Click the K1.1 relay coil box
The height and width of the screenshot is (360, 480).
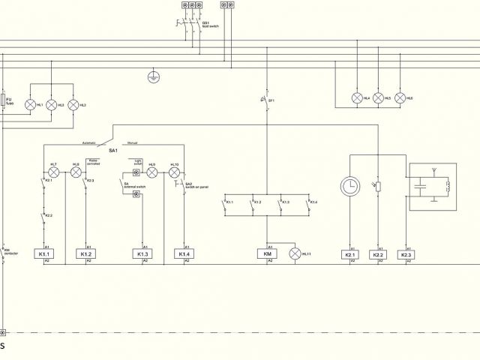point(43,254)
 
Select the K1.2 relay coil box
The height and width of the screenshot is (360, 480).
point(86,254)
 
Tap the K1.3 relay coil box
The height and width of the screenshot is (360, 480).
point(142,254)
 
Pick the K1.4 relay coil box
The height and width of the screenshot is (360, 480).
point(184,254)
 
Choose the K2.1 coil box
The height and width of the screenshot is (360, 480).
point(350,254)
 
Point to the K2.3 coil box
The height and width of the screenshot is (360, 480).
point(406,254)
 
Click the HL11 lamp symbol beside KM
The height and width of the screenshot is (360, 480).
point(295,254)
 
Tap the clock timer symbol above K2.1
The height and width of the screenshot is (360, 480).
point(350,186)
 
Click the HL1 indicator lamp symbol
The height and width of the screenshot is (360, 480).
point(31,105)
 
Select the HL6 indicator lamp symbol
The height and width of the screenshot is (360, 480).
point(400,98)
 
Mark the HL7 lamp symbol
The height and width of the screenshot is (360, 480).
point(53,172)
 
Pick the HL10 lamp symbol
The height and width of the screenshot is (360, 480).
point(174,172)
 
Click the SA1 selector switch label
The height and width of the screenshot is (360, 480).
point(113,150)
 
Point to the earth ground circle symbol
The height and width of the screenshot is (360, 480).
point(154,76)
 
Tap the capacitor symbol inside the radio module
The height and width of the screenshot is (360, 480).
point(421,184)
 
